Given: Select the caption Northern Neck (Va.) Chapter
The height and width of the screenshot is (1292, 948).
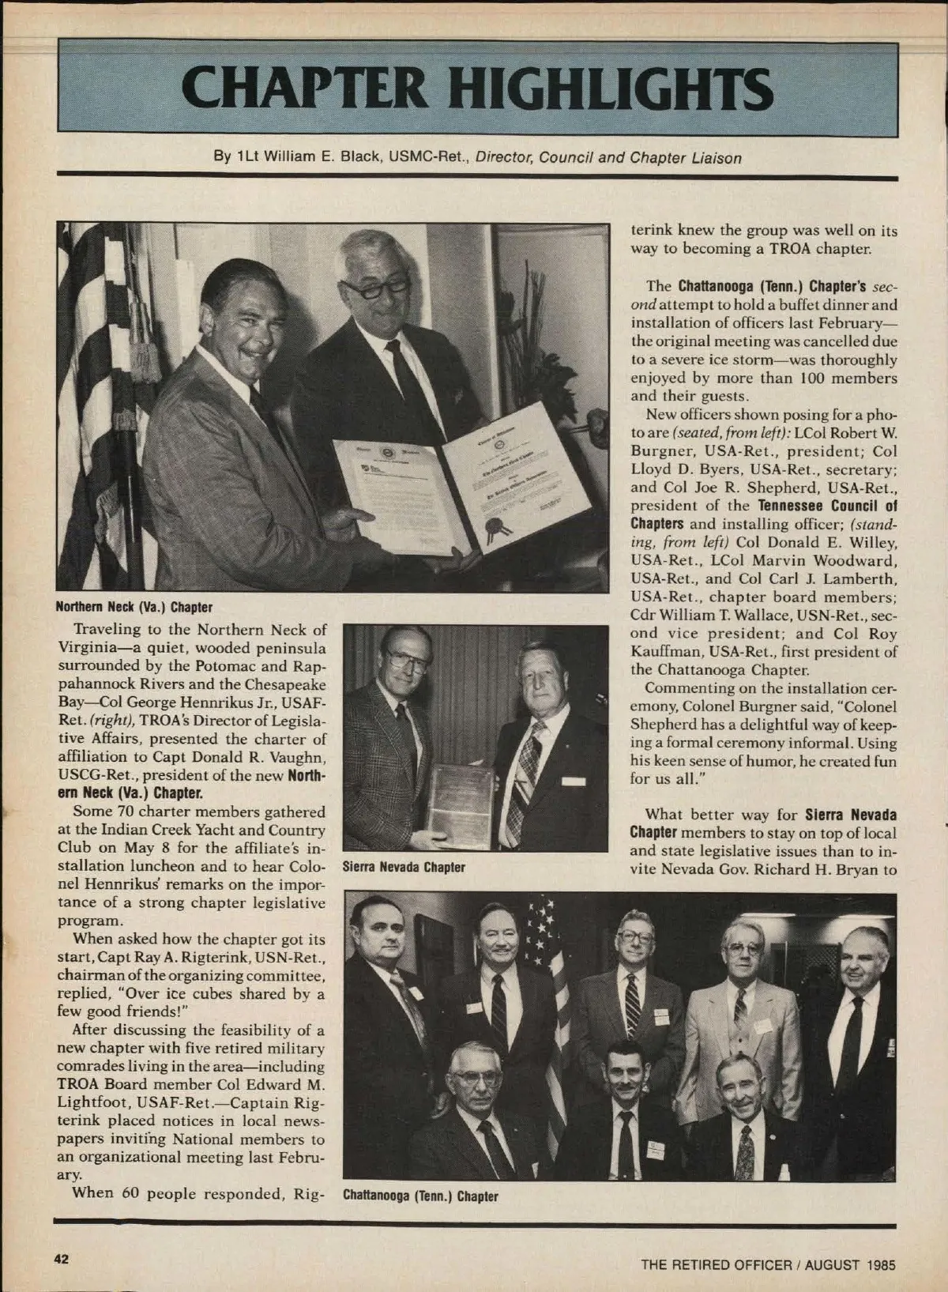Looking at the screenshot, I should coord(134,607).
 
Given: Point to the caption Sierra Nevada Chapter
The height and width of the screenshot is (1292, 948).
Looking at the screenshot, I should coord(403,867).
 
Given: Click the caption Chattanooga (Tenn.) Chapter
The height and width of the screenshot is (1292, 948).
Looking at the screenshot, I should coord(420,1196).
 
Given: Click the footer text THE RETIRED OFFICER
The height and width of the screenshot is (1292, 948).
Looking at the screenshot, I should coord(716,1264).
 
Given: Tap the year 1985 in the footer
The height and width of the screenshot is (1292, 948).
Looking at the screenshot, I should coord(879,1264).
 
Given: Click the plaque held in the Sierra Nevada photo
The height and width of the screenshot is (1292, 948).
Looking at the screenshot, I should coord(460,799).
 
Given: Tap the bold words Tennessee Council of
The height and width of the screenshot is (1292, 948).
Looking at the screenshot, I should coord(827,505).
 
